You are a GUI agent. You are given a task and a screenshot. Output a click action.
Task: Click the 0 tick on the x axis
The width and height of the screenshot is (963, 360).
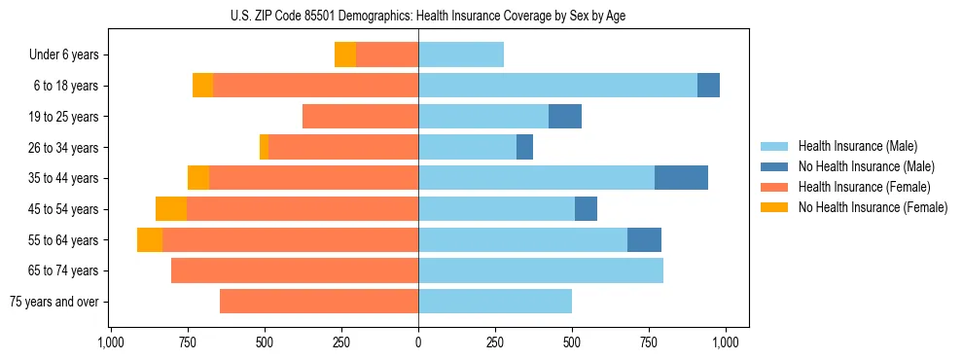coord(418,342)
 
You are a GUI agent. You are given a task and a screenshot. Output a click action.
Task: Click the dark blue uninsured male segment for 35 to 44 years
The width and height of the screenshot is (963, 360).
coord(681,178)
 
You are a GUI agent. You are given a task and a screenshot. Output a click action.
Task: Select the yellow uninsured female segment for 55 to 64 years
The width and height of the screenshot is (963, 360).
coord(150,240)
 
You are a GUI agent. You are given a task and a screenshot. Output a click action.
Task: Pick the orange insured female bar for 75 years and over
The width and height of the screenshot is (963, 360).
coord(319,302)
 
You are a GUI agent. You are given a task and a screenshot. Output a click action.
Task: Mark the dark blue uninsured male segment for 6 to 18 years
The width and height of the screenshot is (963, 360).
coord(708,86)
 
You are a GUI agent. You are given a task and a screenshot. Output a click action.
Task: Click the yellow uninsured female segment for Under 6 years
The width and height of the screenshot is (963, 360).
coord(345,54)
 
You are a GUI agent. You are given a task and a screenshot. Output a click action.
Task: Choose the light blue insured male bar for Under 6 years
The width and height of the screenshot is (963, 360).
coord(461,54)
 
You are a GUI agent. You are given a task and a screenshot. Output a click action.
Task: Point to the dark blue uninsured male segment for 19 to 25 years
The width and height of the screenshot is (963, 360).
coord(565,117)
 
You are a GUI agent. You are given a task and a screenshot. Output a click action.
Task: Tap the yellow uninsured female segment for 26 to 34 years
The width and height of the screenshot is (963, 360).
coord(265,147)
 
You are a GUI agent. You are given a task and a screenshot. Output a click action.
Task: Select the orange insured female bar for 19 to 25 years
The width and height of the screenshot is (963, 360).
coord(361,117)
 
